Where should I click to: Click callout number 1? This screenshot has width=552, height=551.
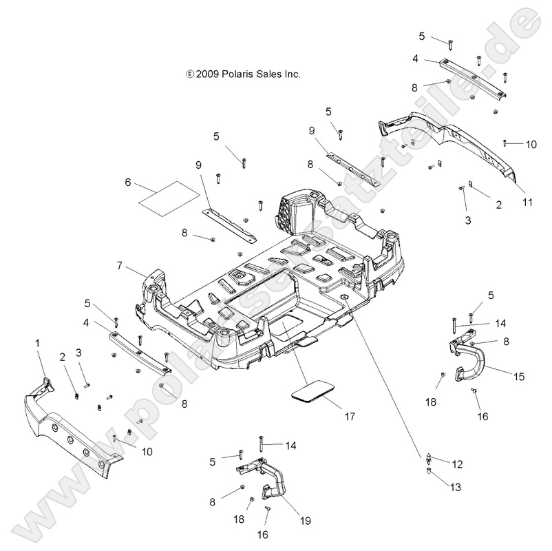point(37,342)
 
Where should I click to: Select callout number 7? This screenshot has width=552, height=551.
point(120,264)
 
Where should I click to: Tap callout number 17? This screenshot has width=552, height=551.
point(350,416)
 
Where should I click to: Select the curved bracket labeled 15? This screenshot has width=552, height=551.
point(471,360)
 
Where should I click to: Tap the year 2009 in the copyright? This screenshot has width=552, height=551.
point(206,74)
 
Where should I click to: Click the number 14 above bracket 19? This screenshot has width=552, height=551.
point(290,446)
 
